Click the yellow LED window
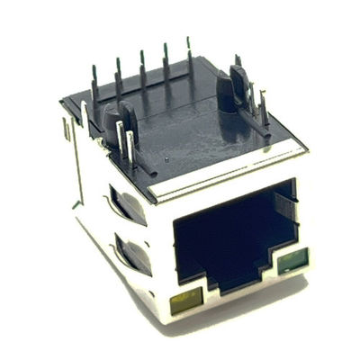pos(184,302)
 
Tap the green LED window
pos(291,263)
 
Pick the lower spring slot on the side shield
pos(131,253)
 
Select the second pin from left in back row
pos(119,76)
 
